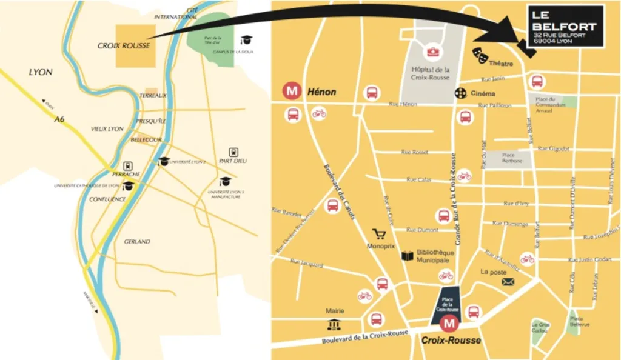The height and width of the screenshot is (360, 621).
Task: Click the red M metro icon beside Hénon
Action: [x=294, y=92]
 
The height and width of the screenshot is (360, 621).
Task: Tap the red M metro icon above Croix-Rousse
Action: [x=449, y=324]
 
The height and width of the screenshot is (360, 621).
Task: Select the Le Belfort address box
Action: [x=565, y=27]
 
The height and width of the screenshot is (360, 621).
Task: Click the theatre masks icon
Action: [x=482, y=56]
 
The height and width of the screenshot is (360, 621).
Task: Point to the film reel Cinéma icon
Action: [x=462, y=93]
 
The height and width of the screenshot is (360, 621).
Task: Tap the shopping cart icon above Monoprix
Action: [x=380, y=234]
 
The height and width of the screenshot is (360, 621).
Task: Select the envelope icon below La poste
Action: [x=508, y=282]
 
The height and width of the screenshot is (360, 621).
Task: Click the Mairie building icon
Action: [x=334, y=324]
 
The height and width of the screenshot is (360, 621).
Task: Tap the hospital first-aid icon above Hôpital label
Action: [x=433, y=52]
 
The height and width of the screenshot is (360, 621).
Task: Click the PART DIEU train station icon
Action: [x=233, y=152]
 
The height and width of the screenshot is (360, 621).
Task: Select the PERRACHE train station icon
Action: [x=128, y=165]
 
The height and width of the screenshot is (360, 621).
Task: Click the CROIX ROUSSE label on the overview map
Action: [x=124, y=46]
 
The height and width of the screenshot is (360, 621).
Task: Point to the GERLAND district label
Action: [x=137, y=241]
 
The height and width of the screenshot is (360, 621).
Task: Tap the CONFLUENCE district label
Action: [x=108, y=199]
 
